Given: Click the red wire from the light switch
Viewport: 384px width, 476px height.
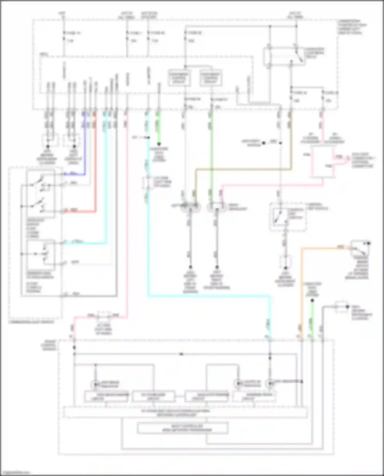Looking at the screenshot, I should point(95,166).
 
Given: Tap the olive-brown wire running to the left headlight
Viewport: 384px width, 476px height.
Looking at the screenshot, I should point(243,169).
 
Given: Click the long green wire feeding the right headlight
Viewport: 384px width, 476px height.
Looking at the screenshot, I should point(211,153).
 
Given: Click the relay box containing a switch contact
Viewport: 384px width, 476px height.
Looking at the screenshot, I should point(284,56).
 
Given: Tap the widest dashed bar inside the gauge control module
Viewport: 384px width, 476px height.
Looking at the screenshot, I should point(186,412).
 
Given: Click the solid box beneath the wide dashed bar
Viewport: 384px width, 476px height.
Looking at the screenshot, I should point(183,428).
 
